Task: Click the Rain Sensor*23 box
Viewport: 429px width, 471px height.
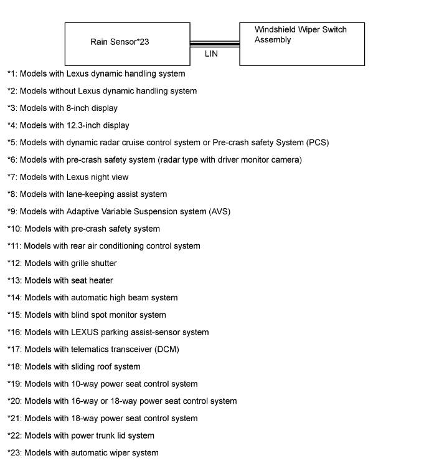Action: [x=127, y=44]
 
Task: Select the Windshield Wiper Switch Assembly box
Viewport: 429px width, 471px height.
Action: [x=301, y=44]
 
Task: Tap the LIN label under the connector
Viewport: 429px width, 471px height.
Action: [x=212, y=54]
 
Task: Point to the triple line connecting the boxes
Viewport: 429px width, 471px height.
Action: [x=214, y=44]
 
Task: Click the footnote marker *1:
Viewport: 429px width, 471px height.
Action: [x=12, y=74]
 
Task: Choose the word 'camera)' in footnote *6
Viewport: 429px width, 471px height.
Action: [x=286, y=160]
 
